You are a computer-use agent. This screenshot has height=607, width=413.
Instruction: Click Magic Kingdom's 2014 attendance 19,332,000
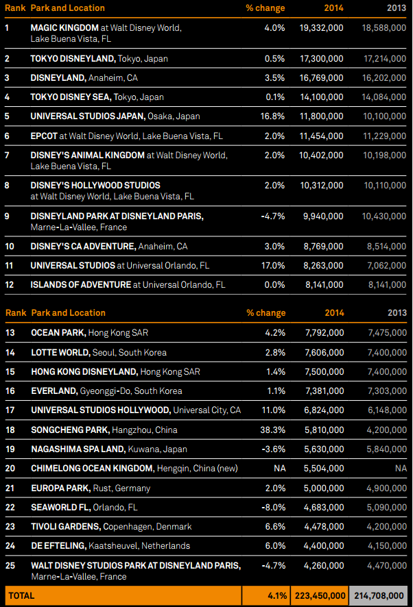point(321,28)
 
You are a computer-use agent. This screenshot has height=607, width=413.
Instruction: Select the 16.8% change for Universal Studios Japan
point(272,116)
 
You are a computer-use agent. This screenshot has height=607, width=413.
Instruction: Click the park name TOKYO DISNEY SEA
point(70,97)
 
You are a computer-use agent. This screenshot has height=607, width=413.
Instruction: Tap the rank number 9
point(7,216)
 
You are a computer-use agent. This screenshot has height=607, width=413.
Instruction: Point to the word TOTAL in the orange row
point(21,596)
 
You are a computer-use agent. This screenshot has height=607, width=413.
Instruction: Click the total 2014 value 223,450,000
point(320,596)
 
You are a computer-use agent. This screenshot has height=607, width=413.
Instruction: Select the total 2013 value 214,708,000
point(379,596)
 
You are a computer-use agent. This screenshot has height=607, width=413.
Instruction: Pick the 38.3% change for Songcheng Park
point(273,430)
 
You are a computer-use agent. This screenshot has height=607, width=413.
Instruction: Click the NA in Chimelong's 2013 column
point(401,469)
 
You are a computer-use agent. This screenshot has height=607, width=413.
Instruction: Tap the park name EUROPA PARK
point(60,488)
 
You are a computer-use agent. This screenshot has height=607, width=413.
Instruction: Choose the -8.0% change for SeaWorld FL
point(274,507)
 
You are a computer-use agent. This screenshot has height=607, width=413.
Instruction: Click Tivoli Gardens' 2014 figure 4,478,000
point(324,526)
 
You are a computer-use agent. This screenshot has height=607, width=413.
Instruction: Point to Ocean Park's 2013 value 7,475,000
point(388,333)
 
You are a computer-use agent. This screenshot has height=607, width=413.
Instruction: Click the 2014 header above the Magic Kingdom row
point(334,8)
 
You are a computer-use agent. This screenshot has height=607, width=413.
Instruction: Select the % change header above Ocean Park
point(266,313)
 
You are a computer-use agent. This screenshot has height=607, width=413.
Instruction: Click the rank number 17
point(10,410)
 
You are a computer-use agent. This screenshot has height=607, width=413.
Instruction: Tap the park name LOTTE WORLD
point(60,353)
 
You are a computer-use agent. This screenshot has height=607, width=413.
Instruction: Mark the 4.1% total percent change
point(277,596)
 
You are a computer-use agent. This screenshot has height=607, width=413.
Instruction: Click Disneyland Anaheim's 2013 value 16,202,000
point(384,78)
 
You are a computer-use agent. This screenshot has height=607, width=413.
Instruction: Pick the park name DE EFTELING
point(58,546)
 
